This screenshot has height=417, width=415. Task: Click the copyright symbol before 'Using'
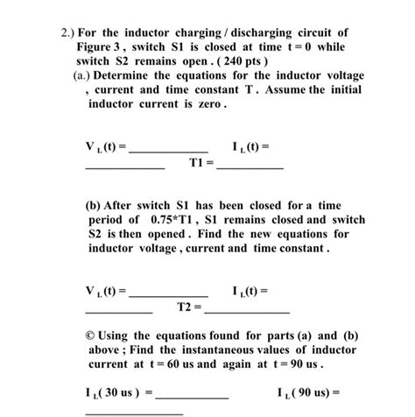pos(91,336)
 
